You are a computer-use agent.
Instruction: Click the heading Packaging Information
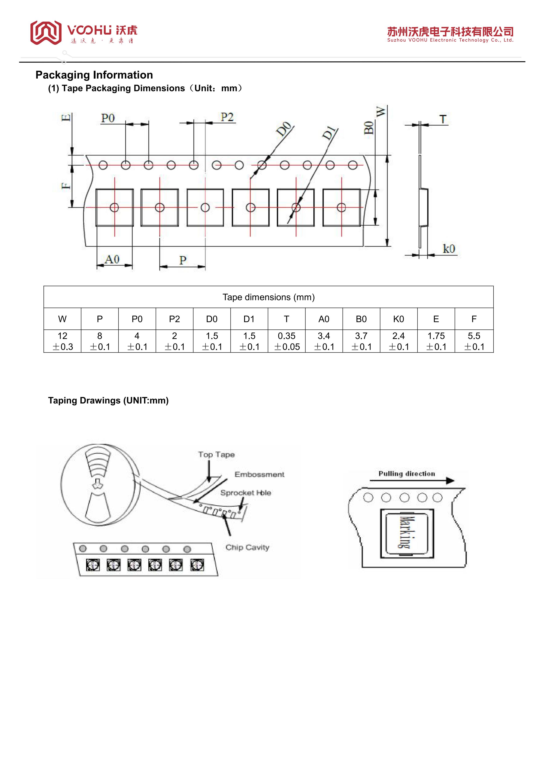click(x=94, y=75)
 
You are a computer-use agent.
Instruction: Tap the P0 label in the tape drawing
click(x=108, y=118)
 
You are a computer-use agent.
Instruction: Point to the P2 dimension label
click(x=227, y=117)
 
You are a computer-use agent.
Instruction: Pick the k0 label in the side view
click(x=449, y=249)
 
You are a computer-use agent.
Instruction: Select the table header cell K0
click(x=398, y=319)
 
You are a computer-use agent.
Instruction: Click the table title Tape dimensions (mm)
click(x=269, y=297)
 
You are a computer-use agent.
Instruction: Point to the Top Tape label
click(x=216, y=455)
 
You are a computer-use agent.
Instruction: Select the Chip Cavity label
click(x=247, y=547)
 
